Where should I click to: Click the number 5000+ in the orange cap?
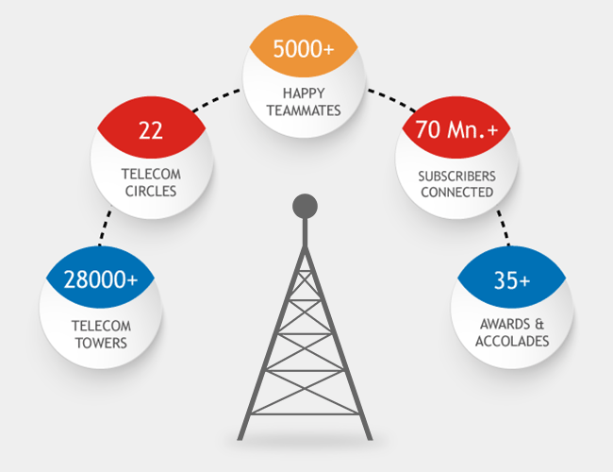(304, 49)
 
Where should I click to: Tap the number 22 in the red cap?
(151, 130)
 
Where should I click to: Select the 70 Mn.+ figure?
(456, 129)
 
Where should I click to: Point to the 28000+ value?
(101, 279)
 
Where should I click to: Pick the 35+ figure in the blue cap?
(512, 280)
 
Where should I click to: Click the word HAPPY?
(304, 93)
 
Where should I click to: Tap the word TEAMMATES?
(304, 110)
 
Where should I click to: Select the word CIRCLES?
(151, 191)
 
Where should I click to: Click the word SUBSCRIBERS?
(457, 177)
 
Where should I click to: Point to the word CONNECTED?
(457, 193)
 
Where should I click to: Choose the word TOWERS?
(101, 344)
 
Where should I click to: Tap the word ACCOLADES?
(512, 342)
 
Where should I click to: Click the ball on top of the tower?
(305, 206)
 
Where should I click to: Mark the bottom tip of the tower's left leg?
(240, 440)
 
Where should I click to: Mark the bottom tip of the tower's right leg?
(370, 440)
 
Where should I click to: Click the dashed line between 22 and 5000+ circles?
(216, 100)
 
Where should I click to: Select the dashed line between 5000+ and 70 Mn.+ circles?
(391, 100)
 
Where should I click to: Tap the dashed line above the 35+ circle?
(504, 228)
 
